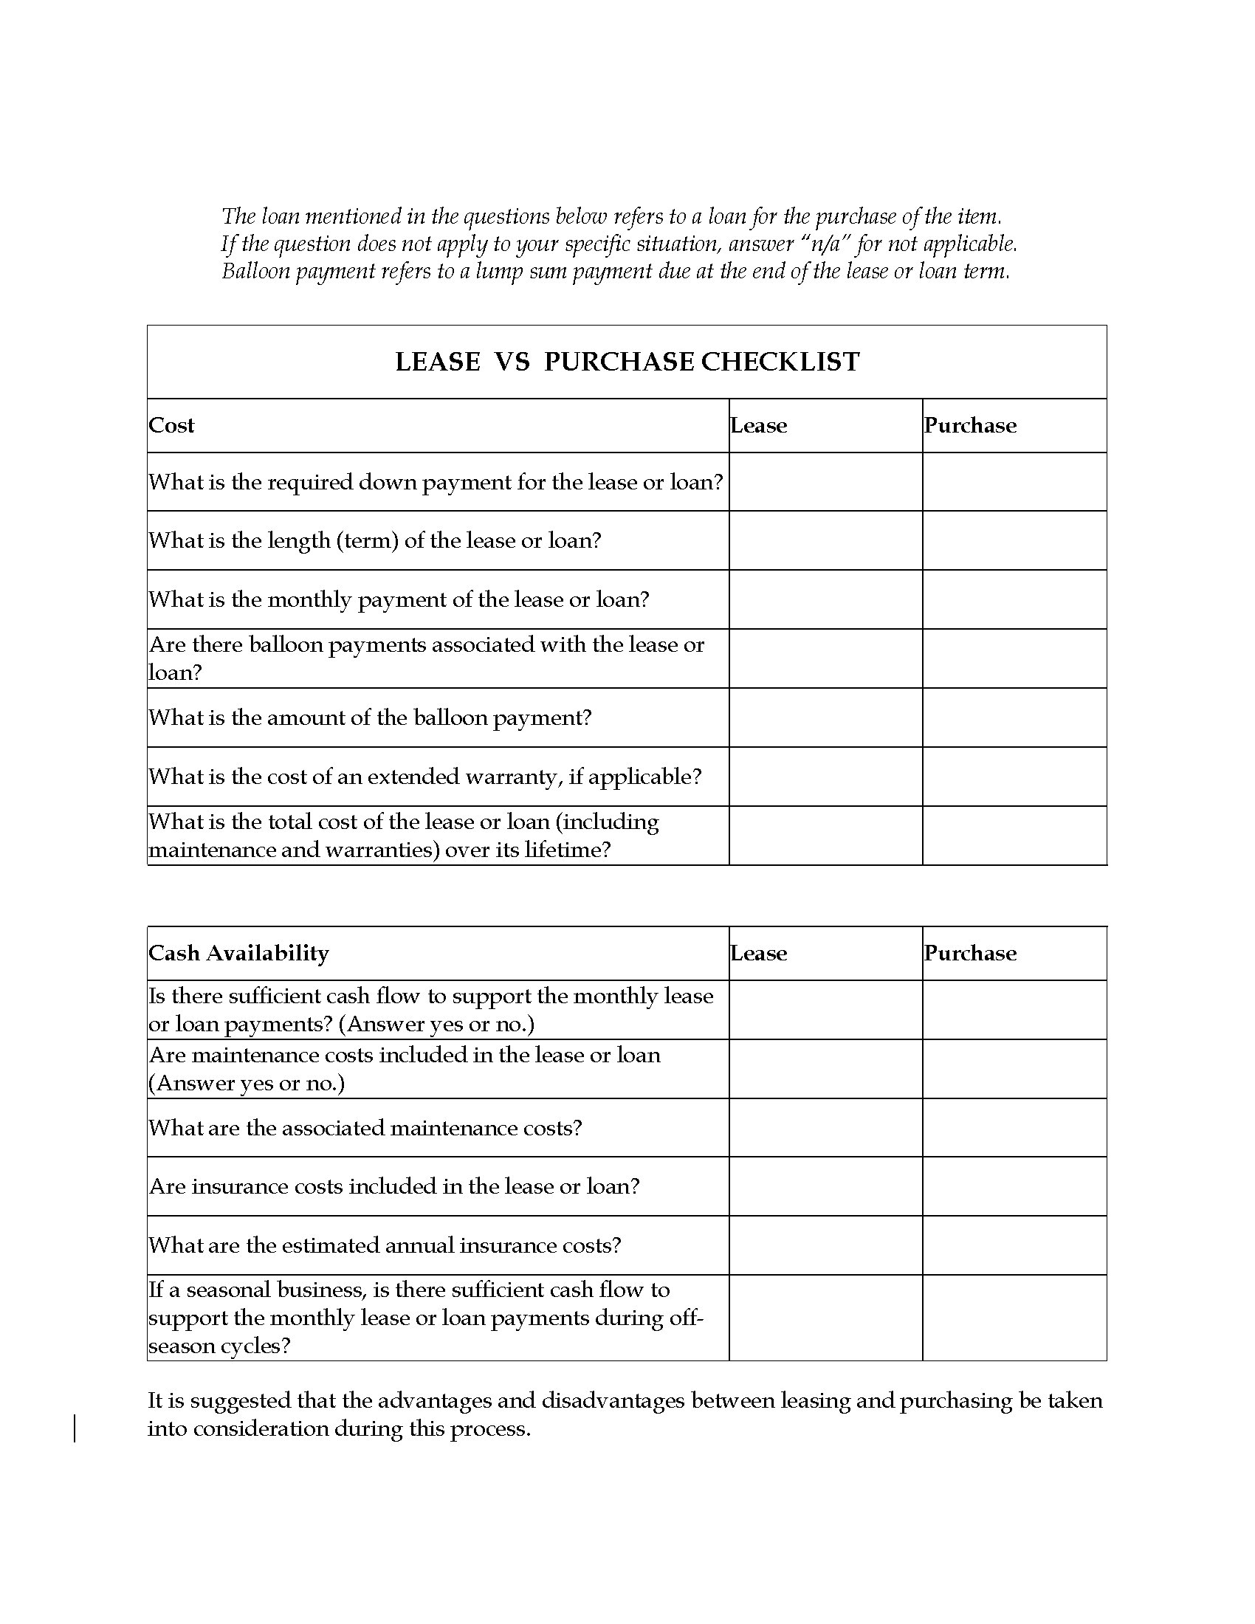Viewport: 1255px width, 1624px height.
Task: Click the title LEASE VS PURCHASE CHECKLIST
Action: coord(627,362)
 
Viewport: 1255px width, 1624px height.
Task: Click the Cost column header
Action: coord(172,425)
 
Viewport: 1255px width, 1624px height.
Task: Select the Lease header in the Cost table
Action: coord(758,425)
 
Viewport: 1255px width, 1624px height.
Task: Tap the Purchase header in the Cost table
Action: coord(969,425)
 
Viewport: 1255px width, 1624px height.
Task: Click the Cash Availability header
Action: coord(238,953)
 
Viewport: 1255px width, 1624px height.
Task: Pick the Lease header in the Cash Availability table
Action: coord(758,953)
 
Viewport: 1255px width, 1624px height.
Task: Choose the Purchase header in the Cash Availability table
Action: coord(969,953)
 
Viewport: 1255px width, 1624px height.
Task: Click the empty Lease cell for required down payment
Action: coord(825,482)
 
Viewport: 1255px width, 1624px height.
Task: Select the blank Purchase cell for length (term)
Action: coord(1014,540)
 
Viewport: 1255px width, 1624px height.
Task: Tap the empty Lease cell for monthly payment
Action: coord(825,599)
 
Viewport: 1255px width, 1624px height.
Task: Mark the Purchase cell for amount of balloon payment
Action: coord(1014,718)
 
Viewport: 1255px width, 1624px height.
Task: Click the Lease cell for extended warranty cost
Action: coord(825,777)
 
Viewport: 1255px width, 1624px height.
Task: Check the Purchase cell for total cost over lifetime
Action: coord(1014,836)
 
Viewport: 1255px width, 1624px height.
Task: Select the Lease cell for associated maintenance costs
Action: coord(825,1128)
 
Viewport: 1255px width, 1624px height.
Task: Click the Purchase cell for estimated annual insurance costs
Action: coord(1014,1245)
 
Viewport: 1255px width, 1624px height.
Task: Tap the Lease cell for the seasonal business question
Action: coord(825,1318)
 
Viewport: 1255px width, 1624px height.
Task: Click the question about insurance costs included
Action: coord(394,1186)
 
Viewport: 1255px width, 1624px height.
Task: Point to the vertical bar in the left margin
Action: coord(75,1429)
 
